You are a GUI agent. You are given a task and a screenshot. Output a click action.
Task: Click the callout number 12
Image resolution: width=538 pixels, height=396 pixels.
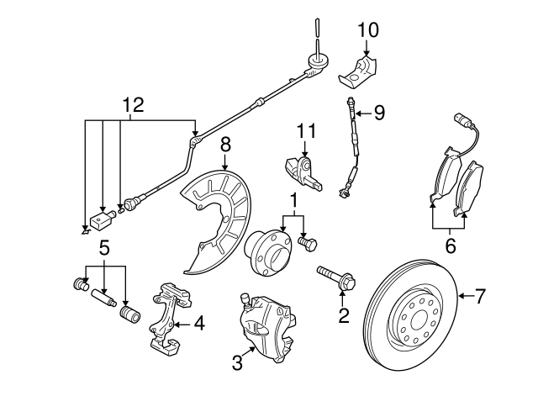(x=132, y=105)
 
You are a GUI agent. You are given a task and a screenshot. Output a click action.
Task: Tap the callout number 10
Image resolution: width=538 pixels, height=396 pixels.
(x=368, y=30)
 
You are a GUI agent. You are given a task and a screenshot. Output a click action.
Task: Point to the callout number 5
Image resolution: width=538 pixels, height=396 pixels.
(x=105, y=248)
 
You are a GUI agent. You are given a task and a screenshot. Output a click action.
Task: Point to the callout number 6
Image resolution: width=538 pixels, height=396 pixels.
(x=450, y=246)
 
